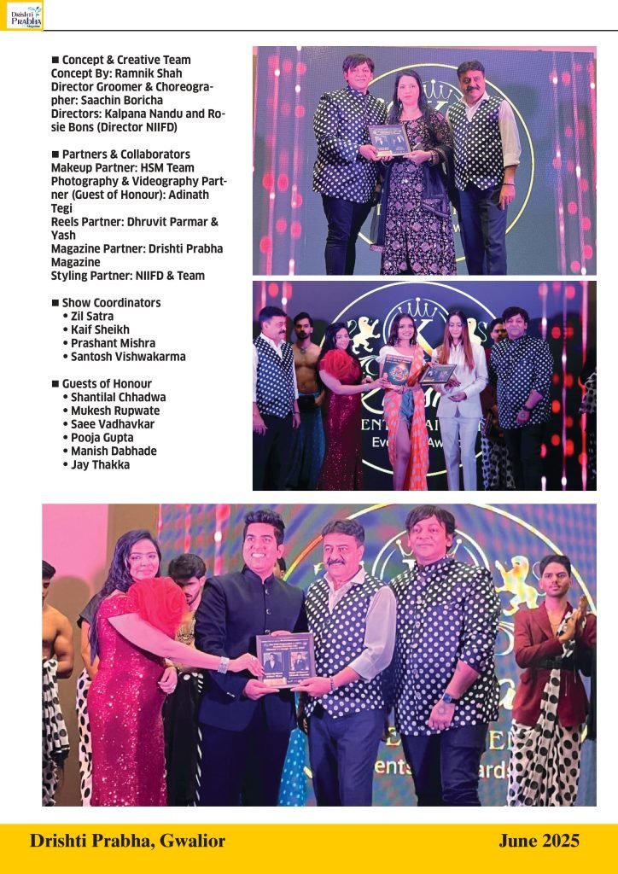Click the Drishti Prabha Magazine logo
point(23,15)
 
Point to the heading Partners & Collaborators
point(125,154)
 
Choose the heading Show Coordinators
point(111,302)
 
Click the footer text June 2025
point(539,842)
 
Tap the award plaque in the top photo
point(389,140)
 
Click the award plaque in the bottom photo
point(285,660)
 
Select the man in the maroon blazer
point(546,649)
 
